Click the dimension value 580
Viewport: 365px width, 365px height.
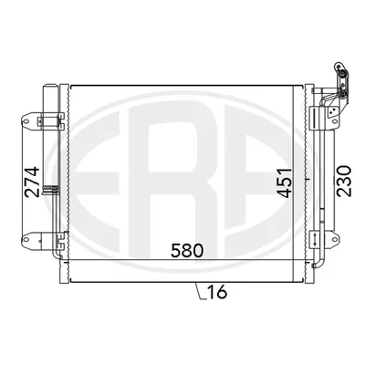click(187, 251)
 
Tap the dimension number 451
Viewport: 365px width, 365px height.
click(284, 182)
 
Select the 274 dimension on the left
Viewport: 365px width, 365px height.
click(33, 182)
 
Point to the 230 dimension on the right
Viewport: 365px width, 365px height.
click(344, 181)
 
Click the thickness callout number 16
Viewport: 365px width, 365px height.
click(217, 292)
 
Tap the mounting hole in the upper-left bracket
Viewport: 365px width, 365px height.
click(26, 121)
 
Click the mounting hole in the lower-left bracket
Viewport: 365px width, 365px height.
click(26, 239)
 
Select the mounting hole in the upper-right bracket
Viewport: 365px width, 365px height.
click(335, 121)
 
